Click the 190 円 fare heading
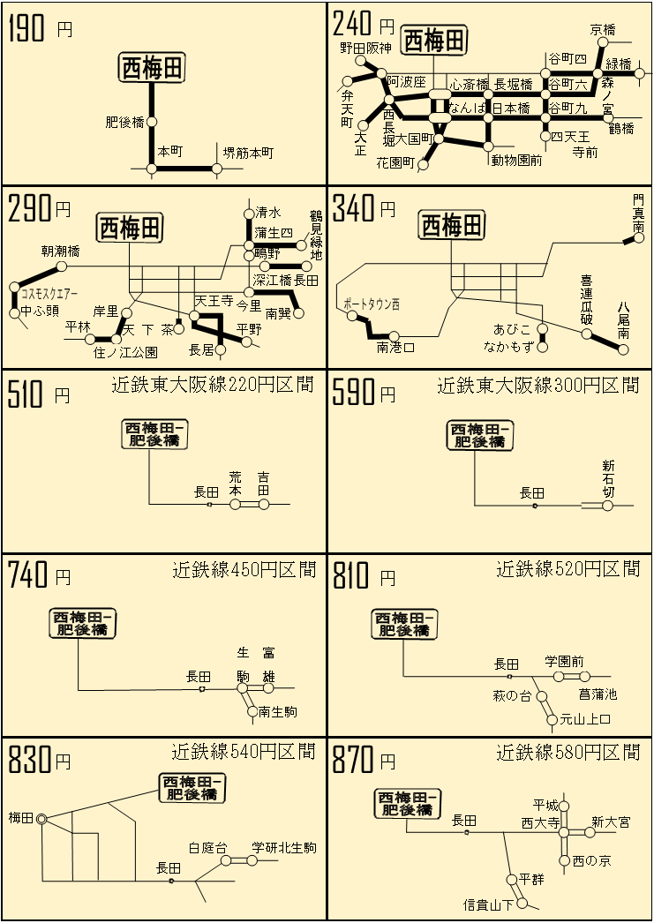(x=40, y=28)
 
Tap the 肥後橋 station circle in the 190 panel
(x=152, y=122)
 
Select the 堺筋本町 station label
(x=248, y=153)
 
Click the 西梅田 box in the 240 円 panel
(x=434, y=41)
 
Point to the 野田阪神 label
(x=365, y=48)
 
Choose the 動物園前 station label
(x=517, y=160)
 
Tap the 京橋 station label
(x=603, y=29)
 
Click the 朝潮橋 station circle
(x=61, y=266)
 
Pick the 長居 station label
(x=201, y=349)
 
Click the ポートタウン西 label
(x=372, y=304)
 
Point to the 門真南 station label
(x=639, y=213)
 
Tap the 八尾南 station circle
(x=623, y=349)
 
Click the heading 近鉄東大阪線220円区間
(x=213, y=385)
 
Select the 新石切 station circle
(x=607, y=505)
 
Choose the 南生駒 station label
(x=278, y=712)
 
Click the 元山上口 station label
(x=585, y=719)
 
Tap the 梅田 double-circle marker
(x=41, y=819)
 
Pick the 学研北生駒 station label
(x=283, y=848)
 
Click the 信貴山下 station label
(x=489, y=904)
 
